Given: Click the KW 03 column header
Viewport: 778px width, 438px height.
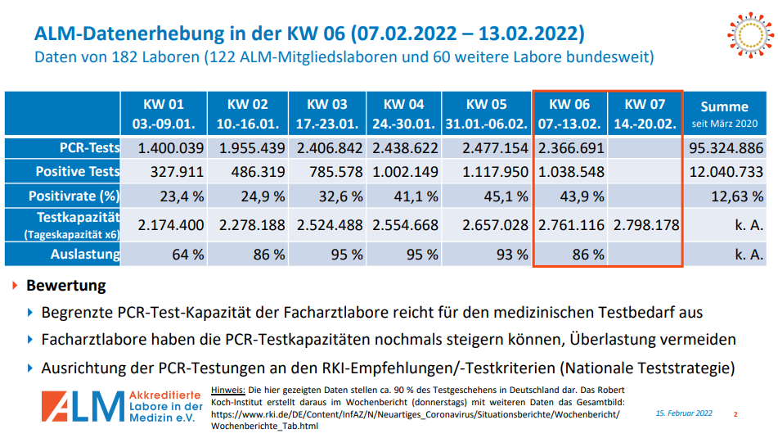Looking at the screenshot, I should [327, 114].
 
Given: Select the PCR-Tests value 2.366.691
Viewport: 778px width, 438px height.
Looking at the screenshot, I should [571, 148].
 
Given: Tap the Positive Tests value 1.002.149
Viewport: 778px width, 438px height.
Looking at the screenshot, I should [405, 172].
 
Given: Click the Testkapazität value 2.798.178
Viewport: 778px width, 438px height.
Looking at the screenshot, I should [646, 225].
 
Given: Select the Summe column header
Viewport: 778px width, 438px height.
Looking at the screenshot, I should [724, 114].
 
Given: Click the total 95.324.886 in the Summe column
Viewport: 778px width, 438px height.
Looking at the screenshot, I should [724, 148].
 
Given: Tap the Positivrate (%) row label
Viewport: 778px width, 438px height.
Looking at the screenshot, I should [74, 196].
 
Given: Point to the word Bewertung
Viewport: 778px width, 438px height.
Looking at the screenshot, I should [66, 286].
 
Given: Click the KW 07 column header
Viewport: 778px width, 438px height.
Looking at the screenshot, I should [646, 114].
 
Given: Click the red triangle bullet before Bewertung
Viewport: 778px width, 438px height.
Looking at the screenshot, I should [15, 286].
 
